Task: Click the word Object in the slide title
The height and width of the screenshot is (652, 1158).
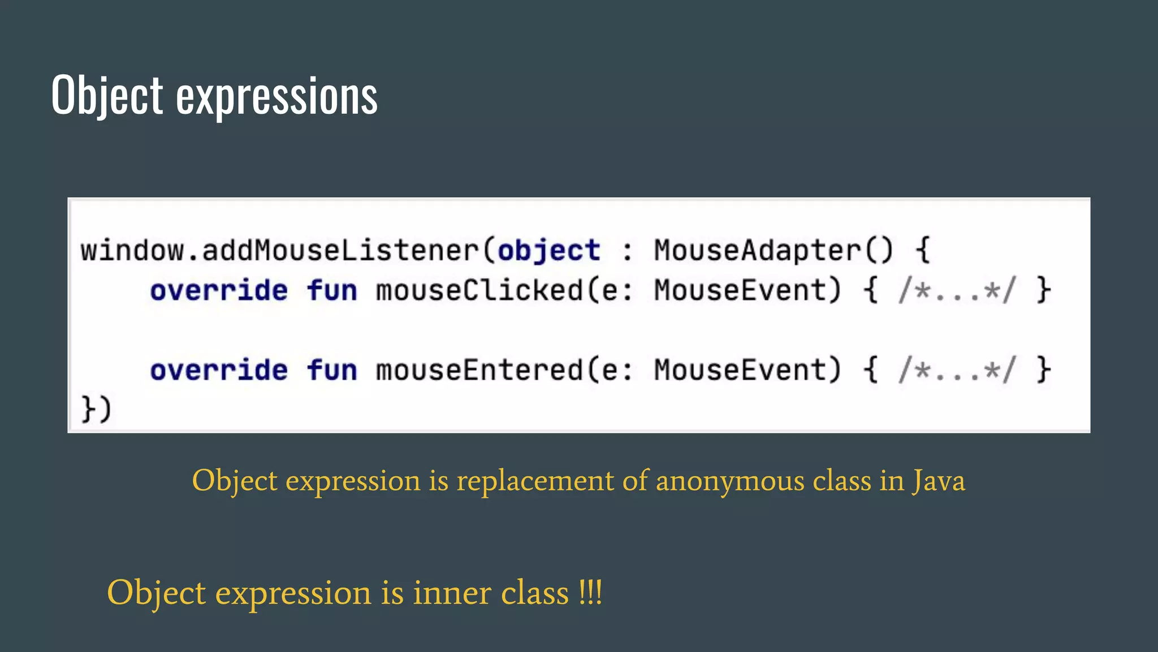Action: (107, 95)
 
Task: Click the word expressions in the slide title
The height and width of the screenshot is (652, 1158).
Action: (276, 96)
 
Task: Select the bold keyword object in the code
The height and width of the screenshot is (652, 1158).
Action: (548, 250)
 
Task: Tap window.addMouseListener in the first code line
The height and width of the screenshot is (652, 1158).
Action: (279, 250)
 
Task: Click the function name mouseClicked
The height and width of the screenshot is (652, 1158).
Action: (479, 290)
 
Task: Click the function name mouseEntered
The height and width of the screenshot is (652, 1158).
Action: (479, 370)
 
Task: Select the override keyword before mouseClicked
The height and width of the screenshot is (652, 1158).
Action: (219, 290)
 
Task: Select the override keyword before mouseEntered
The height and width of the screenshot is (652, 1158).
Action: (219, 370)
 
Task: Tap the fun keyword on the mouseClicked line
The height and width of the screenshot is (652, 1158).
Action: (332, 290)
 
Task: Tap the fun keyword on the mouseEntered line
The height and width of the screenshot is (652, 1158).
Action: (332, 370)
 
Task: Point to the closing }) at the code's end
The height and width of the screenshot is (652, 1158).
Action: (96, 409)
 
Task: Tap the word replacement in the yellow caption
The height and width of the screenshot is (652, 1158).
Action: (535, 481)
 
